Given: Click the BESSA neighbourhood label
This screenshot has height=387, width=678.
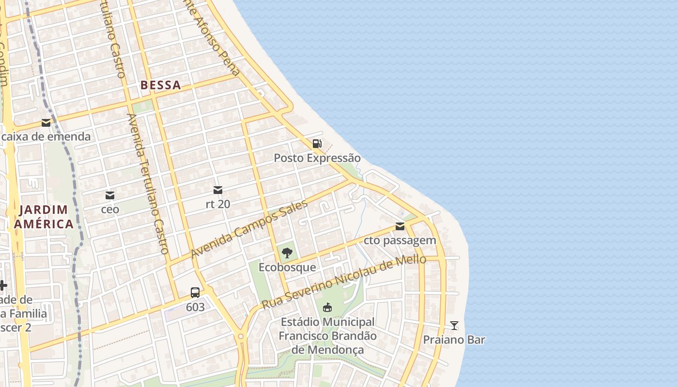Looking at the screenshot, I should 160,85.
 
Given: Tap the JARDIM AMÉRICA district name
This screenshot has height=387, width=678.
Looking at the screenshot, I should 44,217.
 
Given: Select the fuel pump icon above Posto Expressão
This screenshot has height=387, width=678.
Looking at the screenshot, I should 317,143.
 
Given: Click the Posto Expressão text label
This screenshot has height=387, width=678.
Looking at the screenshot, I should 317,158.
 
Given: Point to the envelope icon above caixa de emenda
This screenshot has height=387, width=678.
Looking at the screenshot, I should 46,123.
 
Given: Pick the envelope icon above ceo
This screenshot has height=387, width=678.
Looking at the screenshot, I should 110,195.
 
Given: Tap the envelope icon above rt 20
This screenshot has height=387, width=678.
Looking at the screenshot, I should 218,190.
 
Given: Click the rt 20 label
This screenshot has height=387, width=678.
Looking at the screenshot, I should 218,204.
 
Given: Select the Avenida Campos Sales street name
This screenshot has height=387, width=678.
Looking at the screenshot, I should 249,228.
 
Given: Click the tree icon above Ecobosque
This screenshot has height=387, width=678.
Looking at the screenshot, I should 287,253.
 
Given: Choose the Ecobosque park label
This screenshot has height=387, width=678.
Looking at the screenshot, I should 287,268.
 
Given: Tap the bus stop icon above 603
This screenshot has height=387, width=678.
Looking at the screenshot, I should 195,293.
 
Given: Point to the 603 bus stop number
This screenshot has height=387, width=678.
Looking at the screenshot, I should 195,307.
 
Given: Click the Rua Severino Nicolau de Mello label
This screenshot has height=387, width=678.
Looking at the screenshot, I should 344,283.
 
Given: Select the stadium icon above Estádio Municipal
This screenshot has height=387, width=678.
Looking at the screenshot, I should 327,307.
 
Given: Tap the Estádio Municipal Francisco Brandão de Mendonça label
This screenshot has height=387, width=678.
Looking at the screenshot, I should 327,336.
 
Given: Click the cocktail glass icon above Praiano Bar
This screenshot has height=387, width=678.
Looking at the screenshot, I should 454,325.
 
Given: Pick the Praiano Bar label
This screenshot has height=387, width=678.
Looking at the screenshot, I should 454,340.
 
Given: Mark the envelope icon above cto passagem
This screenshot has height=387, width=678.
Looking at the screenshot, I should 400,226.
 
